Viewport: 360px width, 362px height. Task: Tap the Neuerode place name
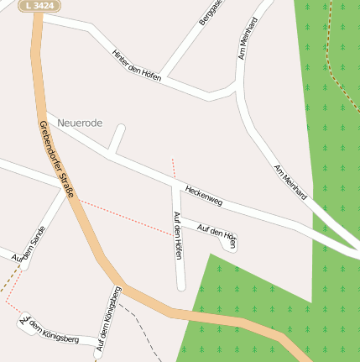pyautogui.click(x=80, y=123)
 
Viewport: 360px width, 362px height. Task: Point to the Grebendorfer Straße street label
pyautogui.click(x=57, y=160)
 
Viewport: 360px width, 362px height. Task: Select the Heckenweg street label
pyautogui.click(x=203, y=196)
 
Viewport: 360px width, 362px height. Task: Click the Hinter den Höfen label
pyautogui.click(x=136, y=65)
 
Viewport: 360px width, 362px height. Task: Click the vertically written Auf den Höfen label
pyautogui.click(x=177, y=234)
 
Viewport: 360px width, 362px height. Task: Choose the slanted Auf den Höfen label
pyautogui.click(x=216, y=234)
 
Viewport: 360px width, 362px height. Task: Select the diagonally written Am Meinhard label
pyautogui.click(x=290, y=181)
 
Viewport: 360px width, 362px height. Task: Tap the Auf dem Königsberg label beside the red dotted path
pyautogui.click(x=49, y=328)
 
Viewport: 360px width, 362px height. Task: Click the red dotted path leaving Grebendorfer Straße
pyautogui.click(x=126, y=217)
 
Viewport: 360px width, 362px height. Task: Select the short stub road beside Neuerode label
pyautogui.click(x=117, y=139)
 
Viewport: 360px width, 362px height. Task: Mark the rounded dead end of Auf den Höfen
pyautogui.click(x=180, y=286)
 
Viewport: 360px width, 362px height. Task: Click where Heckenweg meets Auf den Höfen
pyautogui.click(x=175, y=184)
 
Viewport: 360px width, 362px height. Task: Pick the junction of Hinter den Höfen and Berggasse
pyautogui.click(x=164, y=78)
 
